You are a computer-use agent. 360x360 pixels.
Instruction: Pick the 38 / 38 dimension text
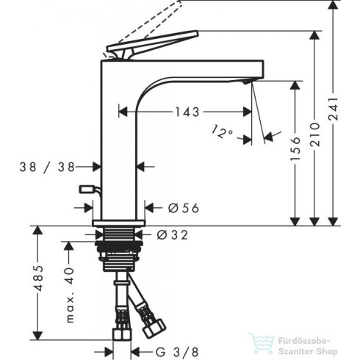click(x=48, y=168)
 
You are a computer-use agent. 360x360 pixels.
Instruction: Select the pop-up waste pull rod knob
click(x=87, y=190)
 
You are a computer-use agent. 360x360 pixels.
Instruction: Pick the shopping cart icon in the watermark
click(x=260, y=340)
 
